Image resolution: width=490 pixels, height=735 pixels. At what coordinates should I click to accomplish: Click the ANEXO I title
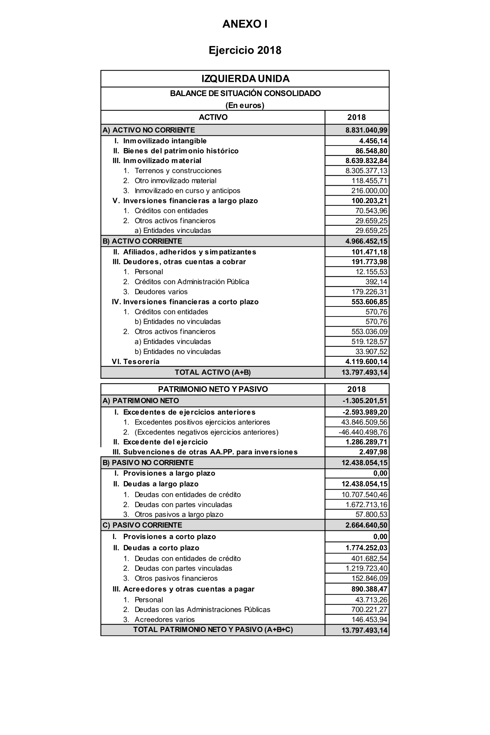(245, 24)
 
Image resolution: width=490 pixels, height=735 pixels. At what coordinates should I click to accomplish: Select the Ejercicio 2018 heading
(245, 50)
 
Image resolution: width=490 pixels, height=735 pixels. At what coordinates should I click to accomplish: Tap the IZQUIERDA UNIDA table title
(245, 79)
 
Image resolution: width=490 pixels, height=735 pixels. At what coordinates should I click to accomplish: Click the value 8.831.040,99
(366, 130)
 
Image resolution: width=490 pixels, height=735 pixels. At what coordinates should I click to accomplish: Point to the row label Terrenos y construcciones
(178, 171)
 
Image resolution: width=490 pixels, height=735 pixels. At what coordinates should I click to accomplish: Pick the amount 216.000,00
(369, 191)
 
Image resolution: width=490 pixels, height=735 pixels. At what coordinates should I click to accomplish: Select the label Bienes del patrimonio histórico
(181, 151)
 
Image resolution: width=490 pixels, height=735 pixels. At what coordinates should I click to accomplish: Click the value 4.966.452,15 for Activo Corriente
(366, 241)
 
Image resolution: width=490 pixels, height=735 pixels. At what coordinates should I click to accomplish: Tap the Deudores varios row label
(161, 292)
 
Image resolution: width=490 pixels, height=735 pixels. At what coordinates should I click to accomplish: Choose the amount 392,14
(376, 282)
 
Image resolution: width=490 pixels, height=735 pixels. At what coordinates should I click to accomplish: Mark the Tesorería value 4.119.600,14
(366, 362)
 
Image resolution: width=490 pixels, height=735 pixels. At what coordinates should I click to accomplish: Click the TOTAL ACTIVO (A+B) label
(212, 372)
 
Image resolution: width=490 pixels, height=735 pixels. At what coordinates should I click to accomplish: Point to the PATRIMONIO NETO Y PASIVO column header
(213, 389)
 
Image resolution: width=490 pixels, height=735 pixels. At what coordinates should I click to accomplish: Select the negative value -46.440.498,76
(363, 432)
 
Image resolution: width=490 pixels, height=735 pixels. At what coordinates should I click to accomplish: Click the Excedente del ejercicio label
(165, 442)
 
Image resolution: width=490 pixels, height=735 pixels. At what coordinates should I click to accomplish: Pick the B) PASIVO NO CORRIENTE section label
(148, 463)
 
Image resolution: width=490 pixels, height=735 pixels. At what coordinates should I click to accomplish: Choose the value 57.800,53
(371, 514)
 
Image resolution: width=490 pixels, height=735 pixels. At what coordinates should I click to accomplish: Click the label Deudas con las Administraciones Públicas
(202, 609)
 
